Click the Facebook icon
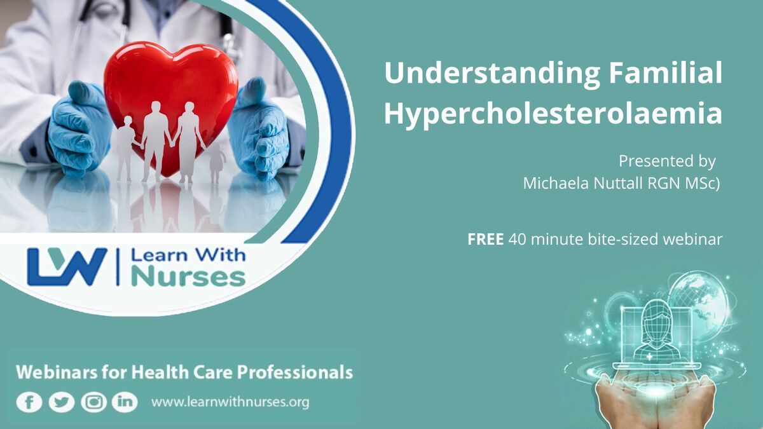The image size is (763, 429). [x=29, y=402]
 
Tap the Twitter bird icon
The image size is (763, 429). [x=62, y=402]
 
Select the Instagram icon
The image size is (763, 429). [x=93, y=402]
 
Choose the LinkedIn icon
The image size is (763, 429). [x=125, y=402]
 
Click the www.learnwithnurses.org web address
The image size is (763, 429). [x=230, y=402]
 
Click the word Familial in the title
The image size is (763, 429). [x=665, y=73]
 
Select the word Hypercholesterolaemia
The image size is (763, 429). [x=553, y=114]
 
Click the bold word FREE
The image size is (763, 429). [x=485, y=240]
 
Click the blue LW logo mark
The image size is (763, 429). [x=67, y=266]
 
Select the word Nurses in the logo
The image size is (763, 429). [x=188, y=278]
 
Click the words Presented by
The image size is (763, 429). [x=667, y=161]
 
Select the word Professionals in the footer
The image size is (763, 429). [x=295, y=372]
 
